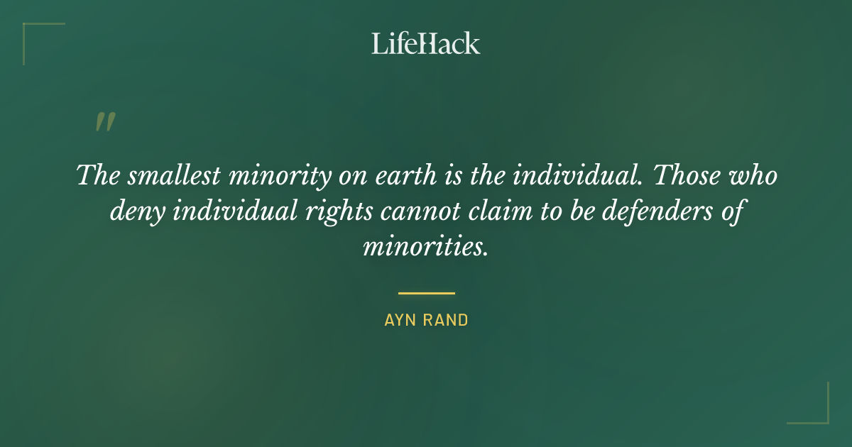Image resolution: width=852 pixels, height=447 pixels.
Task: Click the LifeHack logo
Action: coord(426,43)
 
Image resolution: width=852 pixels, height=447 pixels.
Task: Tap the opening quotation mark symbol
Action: coord(104,123)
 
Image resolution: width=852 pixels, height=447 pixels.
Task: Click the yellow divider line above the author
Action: coord(426,292)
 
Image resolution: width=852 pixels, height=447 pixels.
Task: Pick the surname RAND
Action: coord(447,320)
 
